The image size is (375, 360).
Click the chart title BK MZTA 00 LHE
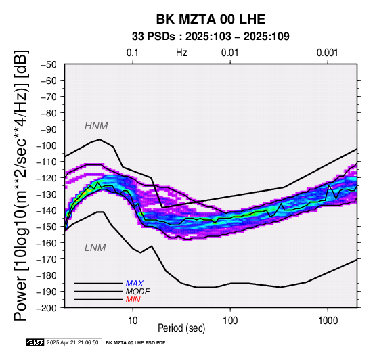point(211,19)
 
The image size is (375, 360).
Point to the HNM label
point(96,126)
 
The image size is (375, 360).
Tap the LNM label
point(95,248)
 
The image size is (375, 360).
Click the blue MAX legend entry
point(135,284)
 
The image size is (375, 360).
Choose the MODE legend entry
point(138,292)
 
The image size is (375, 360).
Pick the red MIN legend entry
point(133,300)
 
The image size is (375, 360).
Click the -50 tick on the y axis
point(48,64)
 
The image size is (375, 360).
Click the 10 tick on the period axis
point(133,321)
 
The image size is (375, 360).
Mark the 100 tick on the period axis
point(230,321)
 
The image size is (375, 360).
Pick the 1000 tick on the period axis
point(328,321)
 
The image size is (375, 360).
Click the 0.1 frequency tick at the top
point(133,53)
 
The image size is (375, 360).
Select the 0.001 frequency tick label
point(328,53)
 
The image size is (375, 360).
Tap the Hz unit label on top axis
point(181,53)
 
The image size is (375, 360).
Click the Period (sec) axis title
point(181,328)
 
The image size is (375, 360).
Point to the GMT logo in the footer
point(35,342)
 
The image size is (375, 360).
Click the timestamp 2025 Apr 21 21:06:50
point(72,342)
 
